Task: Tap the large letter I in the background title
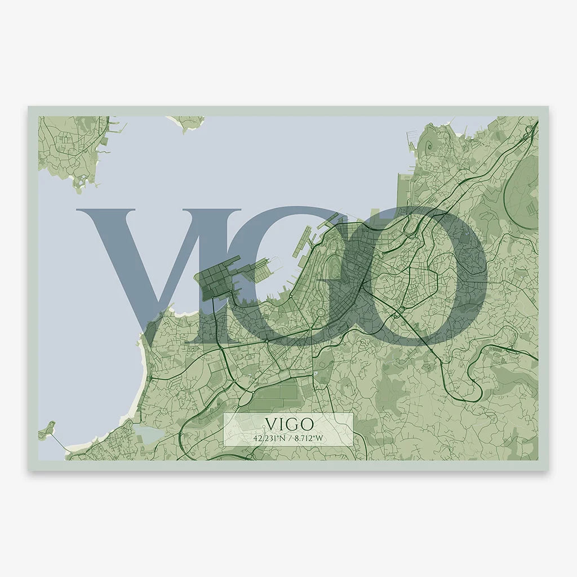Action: (217, 270)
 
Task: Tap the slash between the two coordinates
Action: (288, 437)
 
